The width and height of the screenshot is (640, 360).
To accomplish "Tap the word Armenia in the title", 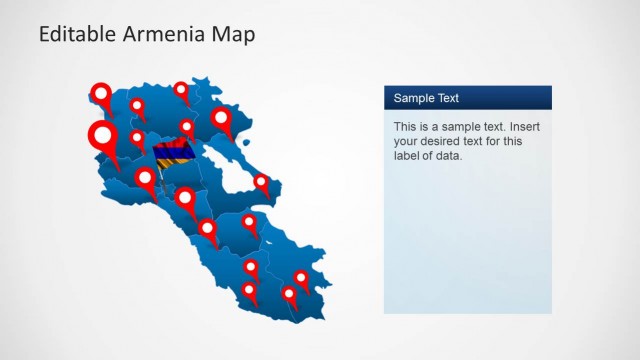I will (161, 34).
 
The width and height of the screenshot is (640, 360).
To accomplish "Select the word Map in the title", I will (233, 34).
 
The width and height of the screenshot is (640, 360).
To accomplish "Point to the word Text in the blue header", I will (448, 98).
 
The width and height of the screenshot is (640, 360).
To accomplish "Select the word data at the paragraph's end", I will (449, 155).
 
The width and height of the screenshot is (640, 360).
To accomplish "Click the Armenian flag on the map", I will (171, 156).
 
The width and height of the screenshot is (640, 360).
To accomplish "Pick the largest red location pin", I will (102, 134).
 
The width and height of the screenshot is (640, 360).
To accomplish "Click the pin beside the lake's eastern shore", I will (261, 182).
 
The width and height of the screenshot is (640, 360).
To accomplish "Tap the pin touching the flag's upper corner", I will (186, 127).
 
